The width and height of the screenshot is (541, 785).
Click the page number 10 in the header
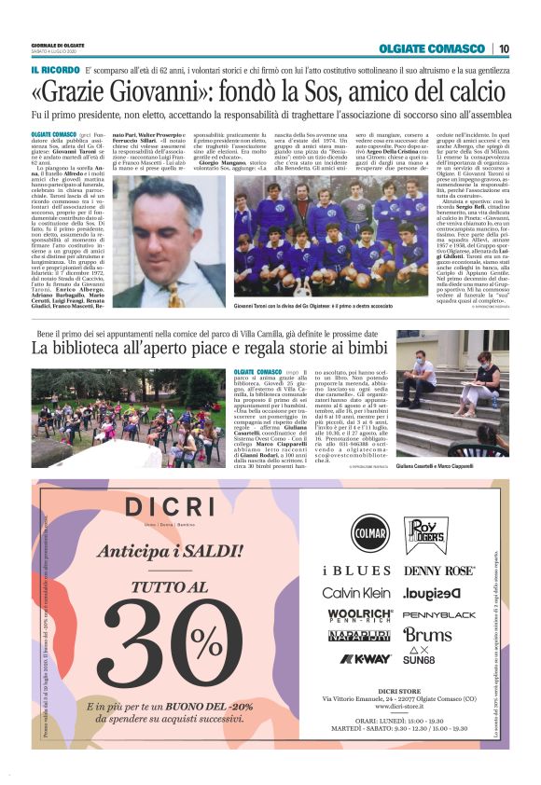(503, 48)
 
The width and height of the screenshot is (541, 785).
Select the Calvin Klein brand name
(356, 593)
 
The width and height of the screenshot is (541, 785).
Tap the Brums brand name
(427, 635)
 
